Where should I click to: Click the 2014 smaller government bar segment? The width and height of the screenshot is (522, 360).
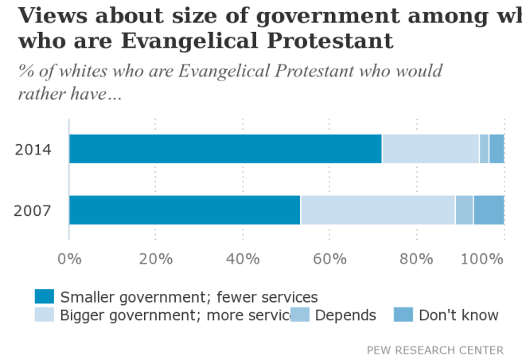225,149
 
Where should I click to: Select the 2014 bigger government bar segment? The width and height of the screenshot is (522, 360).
430,149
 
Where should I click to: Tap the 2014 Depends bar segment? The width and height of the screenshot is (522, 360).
484,149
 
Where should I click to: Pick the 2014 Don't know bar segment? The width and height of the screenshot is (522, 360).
497,149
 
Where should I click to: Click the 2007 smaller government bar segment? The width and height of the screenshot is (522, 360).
185,209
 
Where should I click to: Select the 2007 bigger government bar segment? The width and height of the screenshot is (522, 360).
378,209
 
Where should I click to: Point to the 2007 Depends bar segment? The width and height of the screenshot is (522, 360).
465,209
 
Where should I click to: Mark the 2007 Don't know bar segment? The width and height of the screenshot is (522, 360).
489,209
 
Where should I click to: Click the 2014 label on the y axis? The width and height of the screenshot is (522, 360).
33,150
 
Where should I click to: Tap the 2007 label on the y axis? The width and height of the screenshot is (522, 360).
33,211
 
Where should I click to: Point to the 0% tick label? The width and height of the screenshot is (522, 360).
70,258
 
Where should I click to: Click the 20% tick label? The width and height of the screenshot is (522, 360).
156,258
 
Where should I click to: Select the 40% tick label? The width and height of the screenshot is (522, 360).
243,258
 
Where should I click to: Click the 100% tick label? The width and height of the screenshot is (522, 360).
485,258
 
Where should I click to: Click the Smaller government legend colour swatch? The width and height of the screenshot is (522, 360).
45,297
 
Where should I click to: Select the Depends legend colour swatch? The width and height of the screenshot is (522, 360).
300,315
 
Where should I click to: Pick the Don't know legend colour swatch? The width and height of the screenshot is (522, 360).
404,315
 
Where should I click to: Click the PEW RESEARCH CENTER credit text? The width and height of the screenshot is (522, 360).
434,350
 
